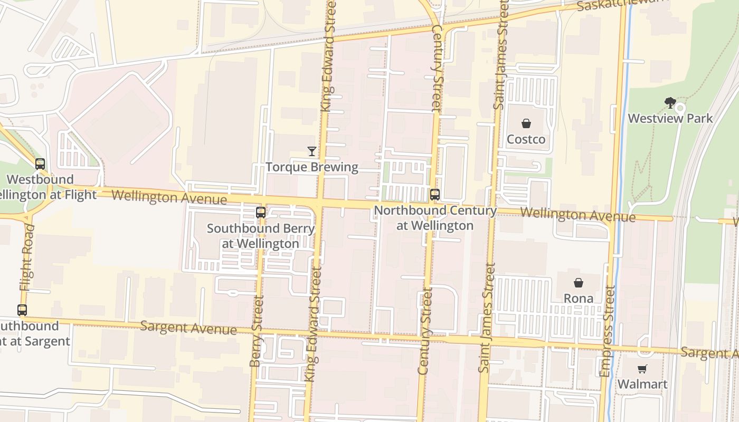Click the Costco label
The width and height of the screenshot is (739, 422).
pyautogui.click(x=526, y=139)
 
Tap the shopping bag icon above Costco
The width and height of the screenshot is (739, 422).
pyautogui.click(x=526, y=124)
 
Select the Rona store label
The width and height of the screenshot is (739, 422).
pyautogui.click(x=579, y=298)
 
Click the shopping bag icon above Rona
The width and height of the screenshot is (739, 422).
pyautogui.click(x=579, y=283)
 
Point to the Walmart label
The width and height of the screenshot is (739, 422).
pyautogui.click(x=642, y=384)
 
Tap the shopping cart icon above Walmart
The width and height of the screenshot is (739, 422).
pyautogui.click(x=642, y=369)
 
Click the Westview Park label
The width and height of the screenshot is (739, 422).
pyautogui.click(x=670, y=118)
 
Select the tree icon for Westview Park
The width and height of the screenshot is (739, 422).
pyautogui.click(x=670, y=102)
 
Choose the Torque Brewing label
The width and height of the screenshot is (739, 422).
pyautogui.click(x=312, y=167)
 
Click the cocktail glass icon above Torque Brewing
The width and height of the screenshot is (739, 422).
pyautogui.click(x=312, y=151)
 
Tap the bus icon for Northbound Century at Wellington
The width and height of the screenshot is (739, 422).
pyautogui.click(x=435, y=195)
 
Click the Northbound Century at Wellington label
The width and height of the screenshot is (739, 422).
pyautogui.click(x=435, y=218)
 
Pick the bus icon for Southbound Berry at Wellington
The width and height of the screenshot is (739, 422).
pyautogui.click(x=261, y=213)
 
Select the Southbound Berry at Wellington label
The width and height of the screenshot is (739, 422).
pyautogui.click(x=261, y=236)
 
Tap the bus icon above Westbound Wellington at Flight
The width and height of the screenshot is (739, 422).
pyautogui.click(x=40, y=164)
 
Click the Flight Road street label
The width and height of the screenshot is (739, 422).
pyautogui.click(x=26, y=257)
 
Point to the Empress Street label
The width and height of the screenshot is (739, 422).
pyautogui.click(x=608, y=331)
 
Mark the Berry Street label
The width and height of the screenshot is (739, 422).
pyautogui.click(x=257, y=331)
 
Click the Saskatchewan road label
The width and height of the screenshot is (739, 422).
pyautogui.click(x=623, y=5)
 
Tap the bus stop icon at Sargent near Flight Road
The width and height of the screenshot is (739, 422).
pyautogui.click(x=22, y=310)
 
